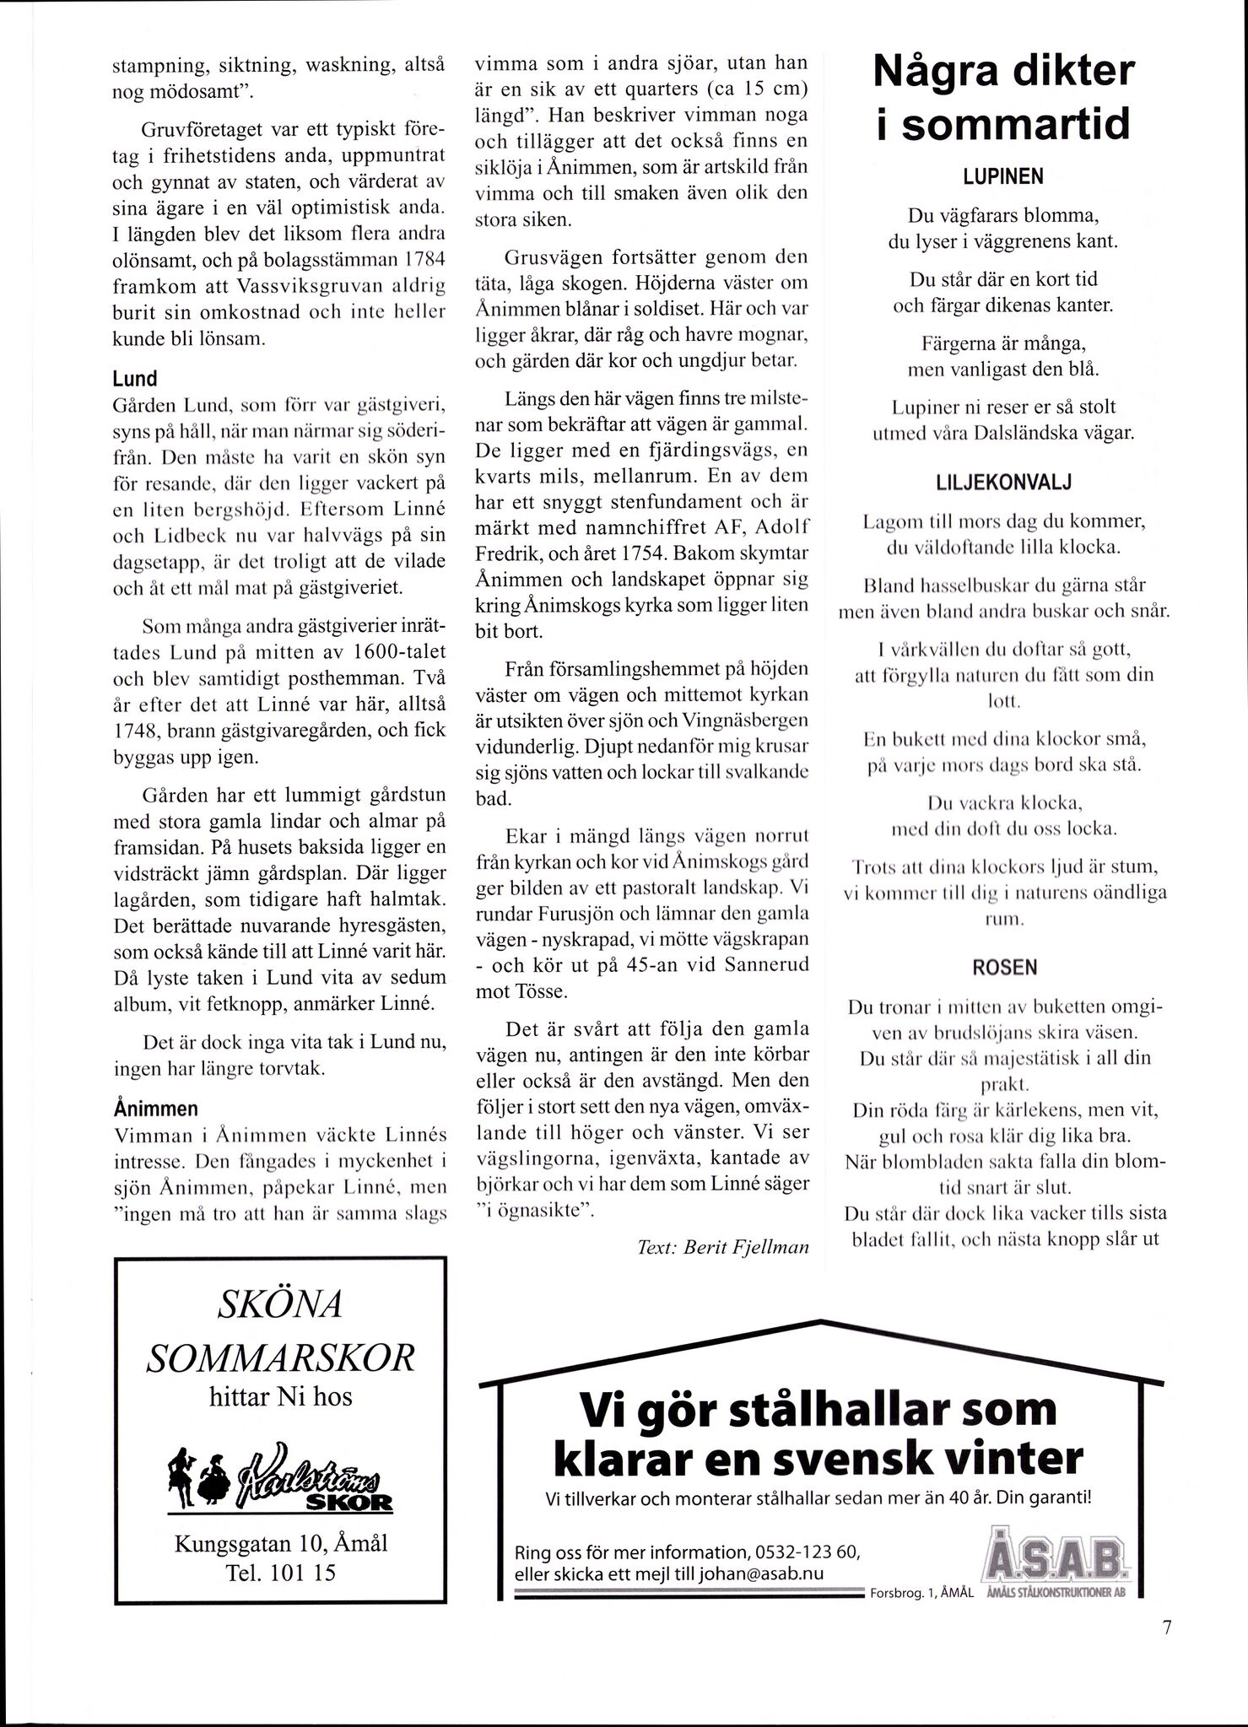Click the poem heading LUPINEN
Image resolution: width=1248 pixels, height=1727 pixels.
[1002, 177]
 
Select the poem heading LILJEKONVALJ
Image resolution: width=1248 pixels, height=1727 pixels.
[1002, 483]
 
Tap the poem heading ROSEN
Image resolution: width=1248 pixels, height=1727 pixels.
[1002, 967]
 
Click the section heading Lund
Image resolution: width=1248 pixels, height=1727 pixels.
[135, 380]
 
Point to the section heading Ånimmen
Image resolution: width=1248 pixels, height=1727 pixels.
[155, 1107]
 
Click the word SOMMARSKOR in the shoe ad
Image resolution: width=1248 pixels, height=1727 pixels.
[281, 1358]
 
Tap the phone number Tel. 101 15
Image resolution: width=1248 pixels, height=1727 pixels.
[280, 1573]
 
